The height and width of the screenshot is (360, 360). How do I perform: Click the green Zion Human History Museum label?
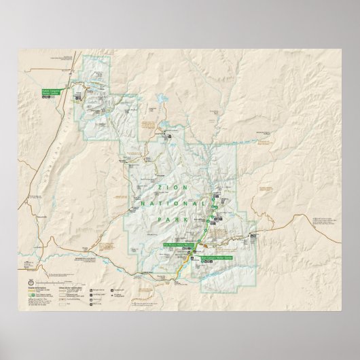pos(176,244)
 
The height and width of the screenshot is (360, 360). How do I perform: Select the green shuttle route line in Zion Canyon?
pos(213,217)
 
